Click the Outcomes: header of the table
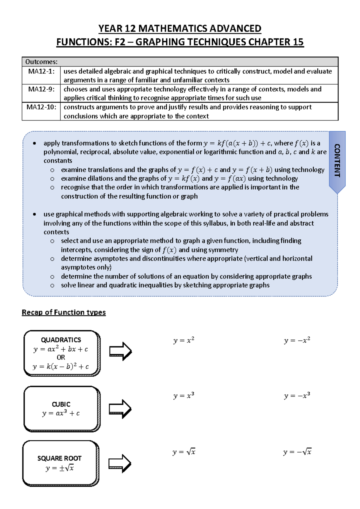[41, 62]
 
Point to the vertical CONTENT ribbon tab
[337, 160]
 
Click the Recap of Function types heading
[64, 312]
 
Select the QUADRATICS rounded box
[61, 353]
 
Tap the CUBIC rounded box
[61, 409]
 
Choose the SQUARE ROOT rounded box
[60, 463]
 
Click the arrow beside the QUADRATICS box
[120, 351]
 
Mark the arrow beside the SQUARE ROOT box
[119, 463]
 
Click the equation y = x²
[184, 341]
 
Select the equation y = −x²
[297, 341]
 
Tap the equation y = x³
[184, 396]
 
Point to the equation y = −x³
[297, 396]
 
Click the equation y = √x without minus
[184, 452]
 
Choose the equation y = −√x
[297, 452]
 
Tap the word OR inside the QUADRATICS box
[61, 357]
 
